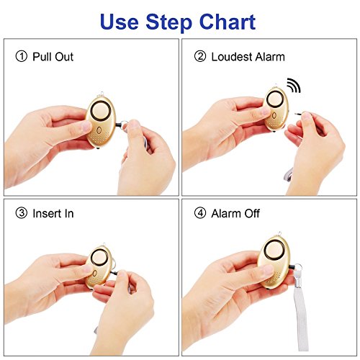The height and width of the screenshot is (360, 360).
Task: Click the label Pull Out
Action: click(x=53, y=56)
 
